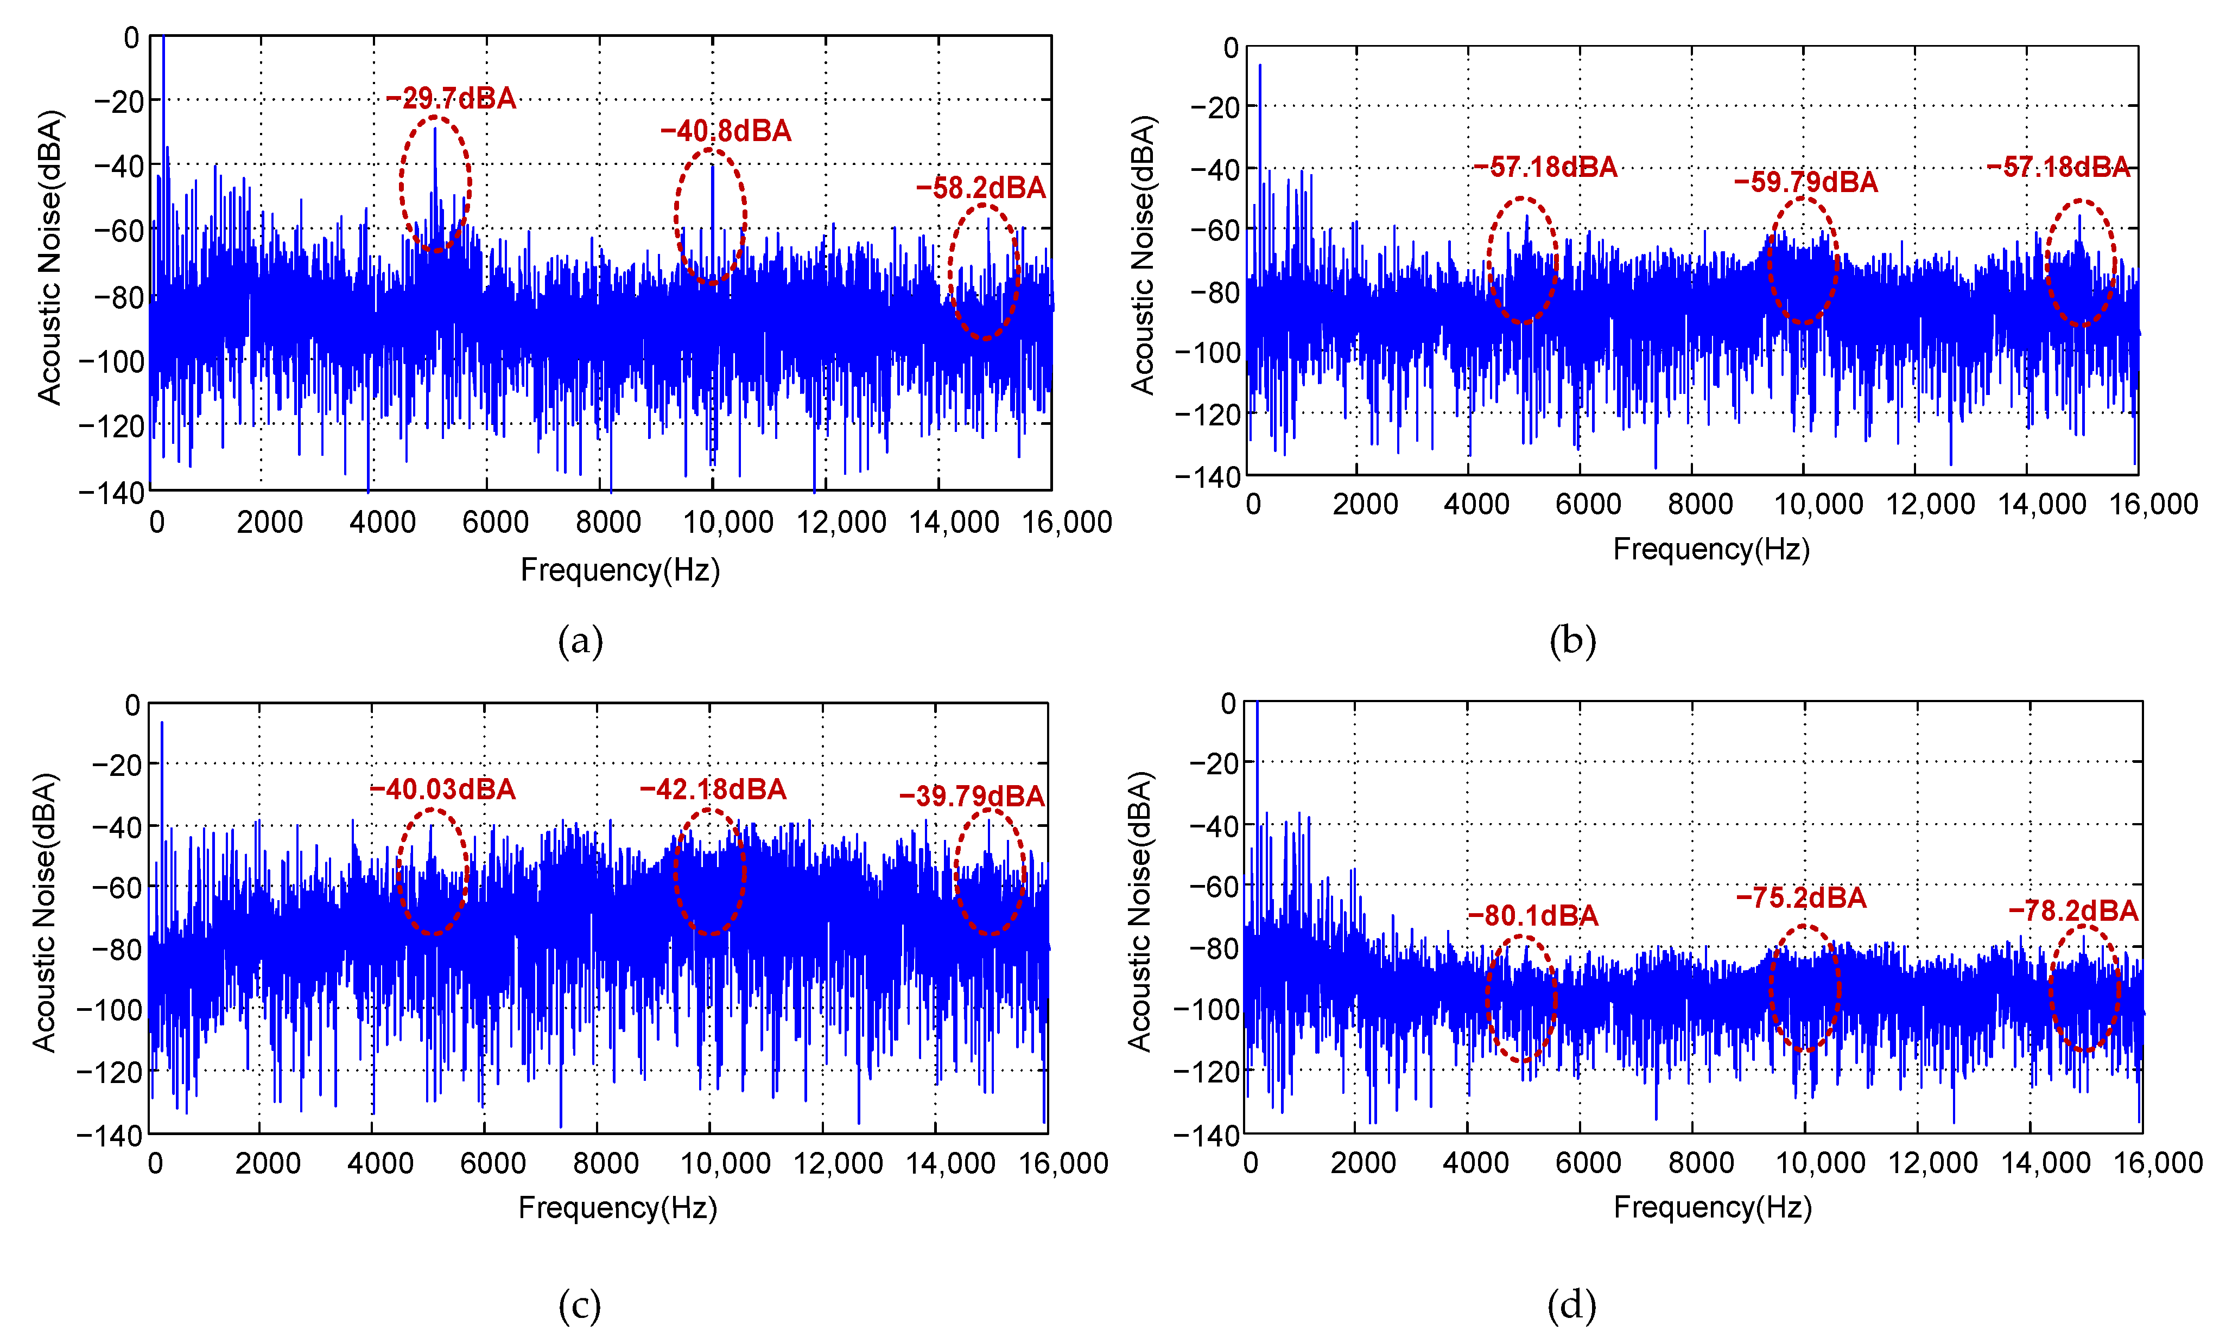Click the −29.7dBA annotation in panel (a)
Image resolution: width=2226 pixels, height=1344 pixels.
point(451,98)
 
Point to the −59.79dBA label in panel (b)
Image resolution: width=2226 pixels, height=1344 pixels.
point(1805,182)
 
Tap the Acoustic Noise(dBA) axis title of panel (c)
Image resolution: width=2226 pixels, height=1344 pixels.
point(45,912)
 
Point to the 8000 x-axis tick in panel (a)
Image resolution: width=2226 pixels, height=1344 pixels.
point(608,521)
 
